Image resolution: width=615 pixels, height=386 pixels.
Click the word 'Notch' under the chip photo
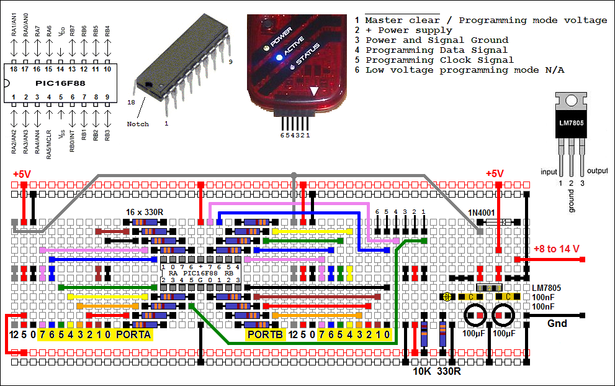pyautogui.click(x=138, y=124)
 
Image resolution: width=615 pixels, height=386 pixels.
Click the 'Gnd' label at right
pyautogui.click(x=557, y=323)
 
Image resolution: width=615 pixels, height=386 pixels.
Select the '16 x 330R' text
pyautogui.click(x=145, y=212)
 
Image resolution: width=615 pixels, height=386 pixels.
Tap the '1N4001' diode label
pyautogui.click(x=482, y=212)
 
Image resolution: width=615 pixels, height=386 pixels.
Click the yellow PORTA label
pyautogui.click(x=133, y=335)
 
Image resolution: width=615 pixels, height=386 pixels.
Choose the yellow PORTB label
pyautogui.click(x=265, y=335)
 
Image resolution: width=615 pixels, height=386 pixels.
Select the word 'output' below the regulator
pyautogui.click(x=598, y=172)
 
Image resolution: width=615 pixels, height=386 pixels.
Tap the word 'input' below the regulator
pyautogui.click(x=549, y=172)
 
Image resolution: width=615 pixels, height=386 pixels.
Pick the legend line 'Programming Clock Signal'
pyautogui.click(x=439, y=60)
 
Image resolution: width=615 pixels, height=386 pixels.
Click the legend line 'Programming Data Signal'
pyautogui.click(x=436, y=50)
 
